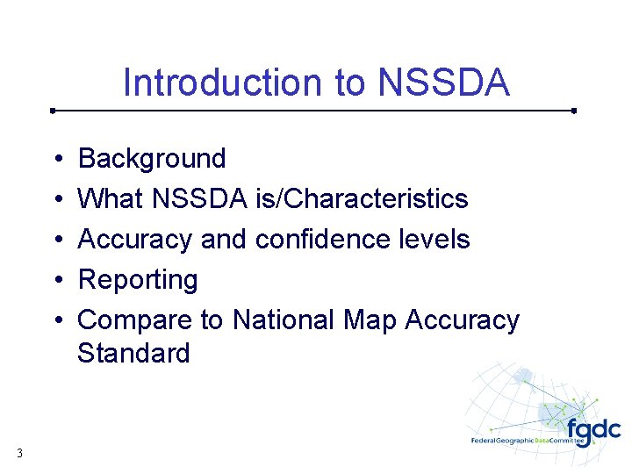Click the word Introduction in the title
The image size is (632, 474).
tap(224, 83)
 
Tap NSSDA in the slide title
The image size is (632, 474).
tap(443, 83)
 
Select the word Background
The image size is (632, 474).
tap(152, 159)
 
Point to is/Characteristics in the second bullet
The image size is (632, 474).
tap(362, 199)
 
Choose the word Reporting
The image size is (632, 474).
tap(138, 281)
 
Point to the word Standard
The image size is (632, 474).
tap(133, 353)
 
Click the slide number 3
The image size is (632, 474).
tap(18, 453)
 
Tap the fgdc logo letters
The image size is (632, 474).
tap(593, 431)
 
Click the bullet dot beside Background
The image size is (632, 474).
tap(55, 160)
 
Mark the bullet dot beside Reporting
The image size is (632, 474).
tap(55, 281)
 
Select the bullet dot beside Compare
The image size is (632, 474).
tap(55, 321)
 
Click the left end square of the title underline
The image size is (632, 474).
tap(53, 111)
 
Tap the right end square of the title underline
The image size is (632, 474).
tap(573, 111)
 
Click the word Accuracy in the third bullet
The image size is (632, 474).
tap(135, 240)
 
